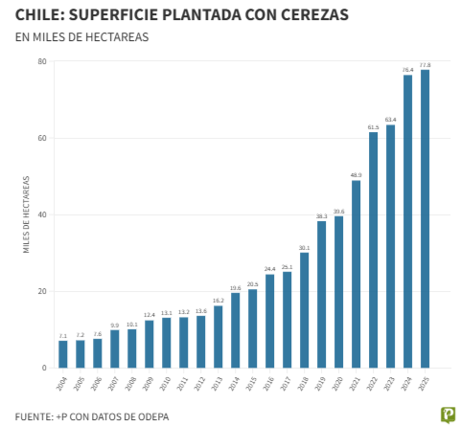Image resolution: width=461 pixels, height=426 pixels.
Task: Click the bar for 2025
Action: coord(425,219)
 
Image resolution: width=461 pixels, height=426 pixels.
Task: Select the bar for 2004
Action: coord(63,354)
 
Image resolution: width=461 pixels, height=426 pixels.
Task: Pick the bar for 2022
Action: coord(373,250)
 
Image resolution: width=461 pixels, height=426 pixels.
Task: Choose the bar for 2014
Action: coord(236,330)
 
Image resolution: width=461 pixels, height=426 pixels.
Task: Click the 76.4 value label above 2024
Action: coord(407,70)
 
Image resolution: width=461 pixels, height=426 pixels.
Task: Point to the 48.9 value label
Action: coord(356,175)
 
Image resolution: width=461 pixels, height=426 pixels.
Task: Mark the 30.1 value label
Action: coord(304,247)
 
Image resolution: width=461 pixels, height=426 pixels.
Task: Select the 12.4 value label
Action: coord(150,315)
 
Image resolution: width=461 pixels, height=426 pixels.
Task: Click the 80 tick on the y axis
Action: coord(42,62)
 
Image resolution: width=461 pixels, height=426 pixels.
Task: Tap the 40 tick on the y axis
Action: coord(42,215)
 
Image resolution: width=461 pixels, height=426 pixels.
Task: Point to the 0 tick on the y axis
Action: coord(44,369)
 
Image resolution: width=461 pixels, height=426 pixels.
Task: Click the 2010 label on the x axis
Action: coord(165,385)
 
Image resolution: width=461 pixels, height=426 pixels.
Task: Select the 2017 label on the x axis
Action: coord(286,385)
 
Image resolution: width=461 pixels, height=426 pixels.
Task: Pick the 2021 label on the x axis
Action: coord(355,385)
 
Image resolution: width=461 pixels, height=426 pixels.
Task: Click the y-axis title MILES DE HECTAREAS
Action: coord(27,215)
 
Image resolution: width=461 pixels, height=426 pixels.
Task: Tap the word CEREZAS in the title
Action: coord(309,16)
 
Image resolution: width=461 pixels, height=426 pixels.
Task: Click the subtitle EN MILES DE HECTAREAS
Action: coord(81,37)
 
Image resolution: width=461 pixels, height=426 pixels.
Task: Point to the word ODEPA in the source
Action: coord(143,416)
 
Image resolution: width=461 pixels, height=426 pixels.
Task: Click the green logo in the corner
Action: coord(447,415)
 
